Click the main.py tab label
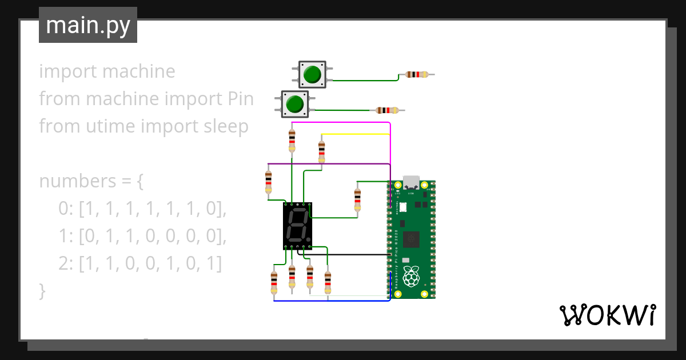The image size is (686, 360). pyautogui.click(x=87, y=26)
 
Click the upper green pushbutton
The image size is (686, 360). pyautogui.click(x=312, y=75)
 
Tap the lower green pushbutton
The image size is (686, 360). pyautogui.click(x=295, y=104)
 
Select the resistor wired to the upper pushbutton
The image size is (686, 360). pyautogui.click(x=416, y=74)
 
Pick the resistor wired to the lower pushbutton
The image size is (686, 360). pyautogui.click(x=387, y=110)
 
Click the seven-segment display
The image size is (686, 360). pyautogui.click(x=297, y=226)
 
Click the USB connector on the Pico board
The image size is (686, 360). pyautogui.click(x=411, y=182)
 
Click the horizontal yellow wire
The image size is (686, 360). pyautogui.click(x=354, y=134)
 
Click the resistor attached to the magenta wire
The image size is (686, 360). pyautogui.click(x=292, y=140)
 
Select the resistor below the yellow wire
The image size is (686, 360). pyautogui.click(x=321, y=151)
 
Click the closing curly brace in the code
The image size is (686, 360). pyautogui.click(x=42, y=291)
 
